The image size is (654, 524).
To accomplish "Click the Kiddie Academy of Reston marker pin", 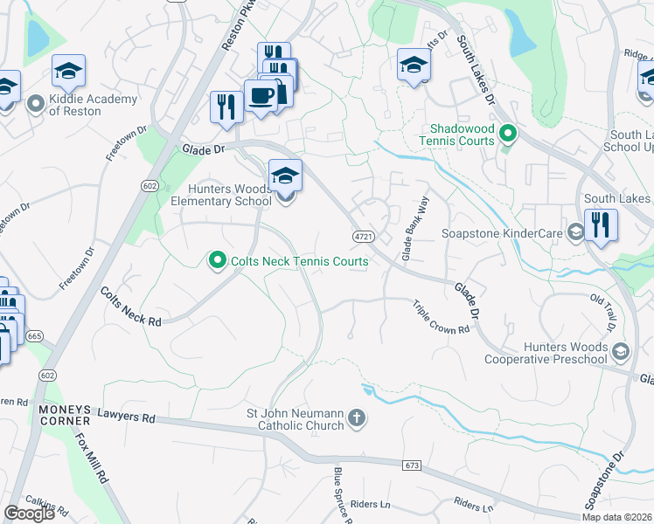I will tap(36, 105).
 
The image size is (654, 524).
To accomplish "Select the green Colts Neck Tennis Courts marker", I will tap(216, 260).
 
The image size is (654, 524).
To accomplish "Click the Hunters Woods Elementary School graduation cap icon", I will tap(285, 177).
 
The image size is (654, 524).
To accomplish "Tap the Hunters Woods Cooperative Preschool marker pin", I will tap(621, 352).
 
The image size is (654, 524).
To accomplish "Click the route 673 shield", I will tap(413, 465).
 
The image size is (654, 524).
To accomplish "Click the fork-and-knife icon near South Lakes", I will tap(601, 225).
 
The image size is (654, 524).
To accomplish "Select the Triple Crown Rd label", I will tap(442, 316).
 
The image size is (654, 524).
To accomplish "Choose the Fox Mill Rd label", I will tap(91, 461).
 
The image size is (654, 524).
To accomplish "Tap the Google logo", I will tap(29, 514).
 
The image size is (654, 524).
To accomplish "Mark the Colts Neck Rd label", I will tap(130, 307).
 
